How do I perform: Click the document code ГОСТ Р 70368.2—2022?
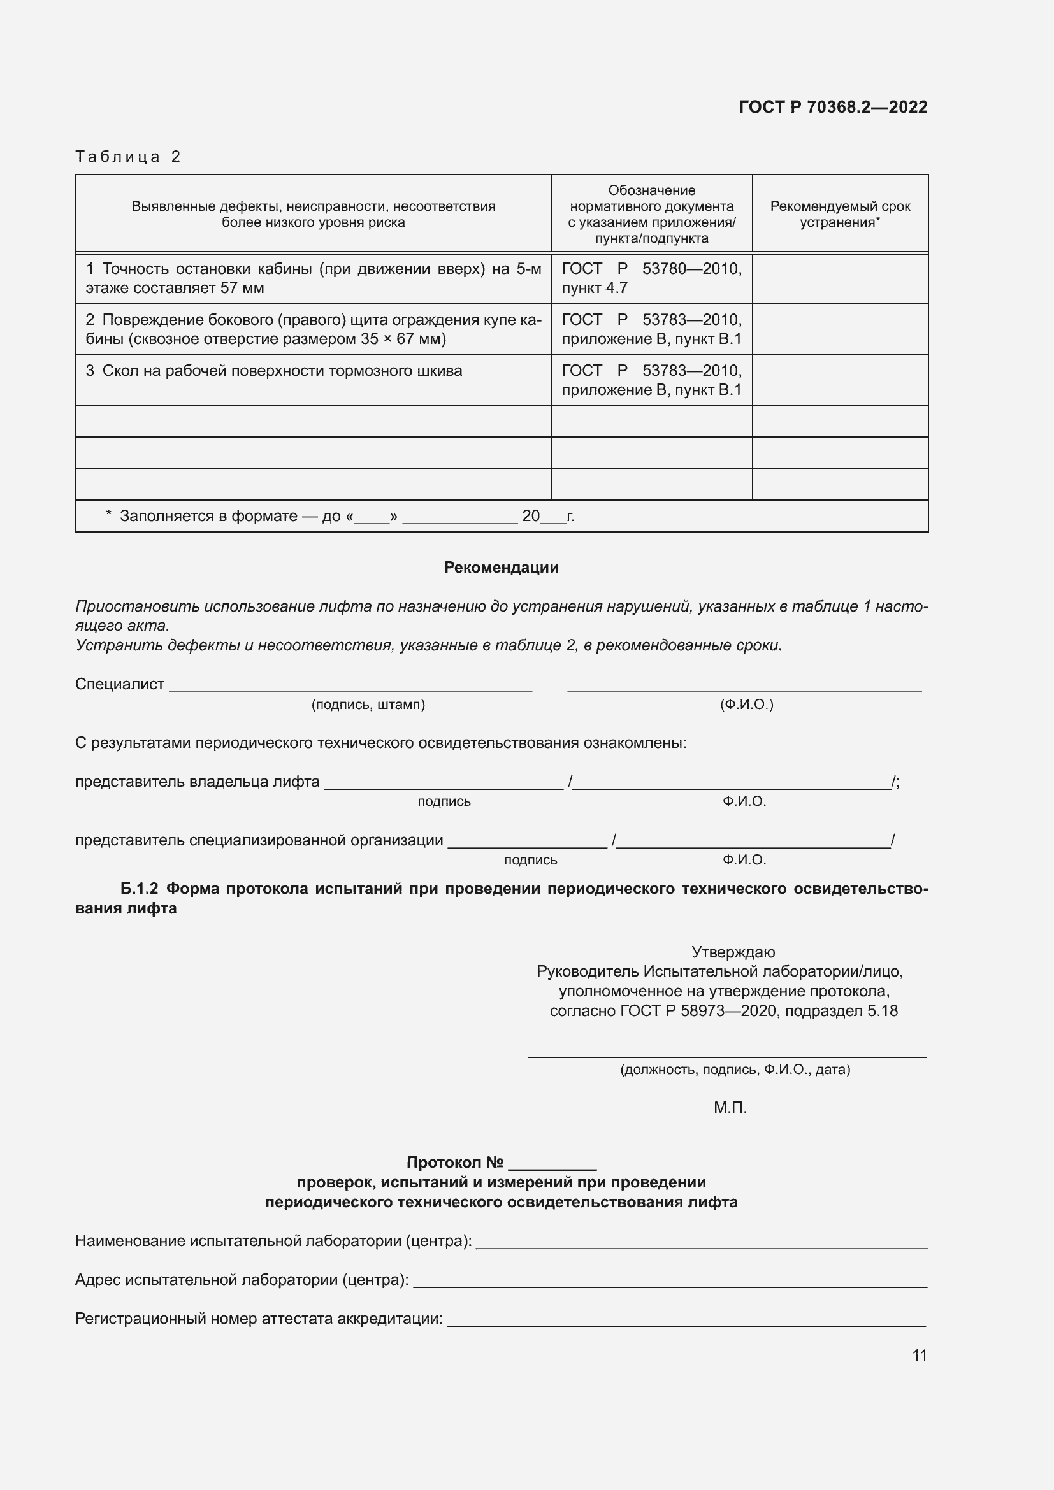(x=833, y=107)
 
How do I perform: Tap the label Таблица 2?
(x=128, y=157)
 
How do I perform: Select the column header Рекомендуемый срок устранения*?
(x=840, y=214)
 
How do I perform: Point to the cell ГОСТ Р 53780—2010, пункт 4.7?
(x=651, y=278)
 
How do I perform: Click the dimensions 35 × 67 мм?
(x=402, y=339)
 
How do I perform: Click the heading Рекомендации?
(x=501, y=567)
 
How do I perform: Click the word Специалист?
(x=119, y=684)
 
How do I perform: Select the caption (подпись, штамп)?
(x=368, y=704)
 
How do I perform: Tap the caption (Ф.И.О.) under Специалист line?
(x=746, y=704)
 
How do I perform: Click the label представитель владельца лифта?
(x=198, y=782)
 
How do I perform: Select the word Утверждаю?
(x=733, y=952)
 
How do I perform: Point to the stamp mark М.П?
(x=730, y=1108)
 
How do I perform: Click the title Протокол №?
(x=455, y=1163)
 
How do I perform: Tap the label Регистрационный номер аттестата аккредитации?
(x=259, y=1318)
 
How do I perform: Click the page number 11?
(x=919, y=1355)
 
